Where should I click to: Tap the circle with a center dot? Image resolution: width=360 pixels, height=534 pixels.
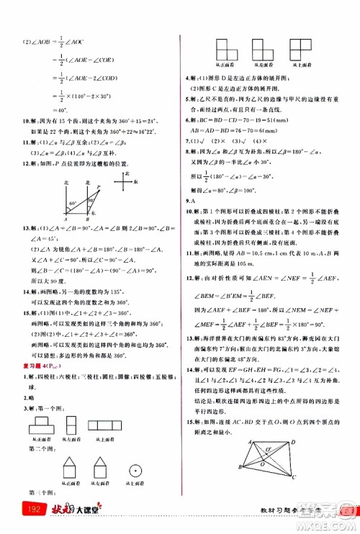coord(134,471)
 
